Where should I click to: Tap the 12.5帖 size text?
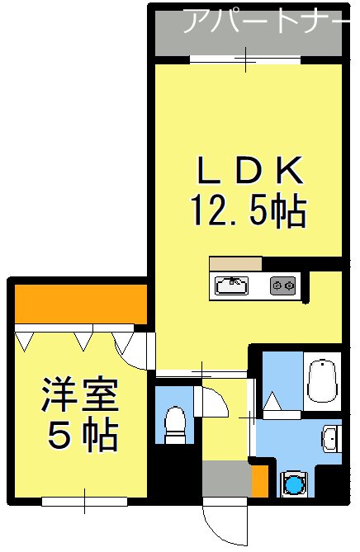point(249,212)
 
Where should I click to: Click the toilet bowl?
point(174,422)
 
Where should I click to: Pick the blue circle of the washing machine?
point(294,484)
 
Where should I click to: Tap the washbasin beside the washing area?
point(329,439)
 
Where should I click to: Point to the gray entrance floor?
point(225,480)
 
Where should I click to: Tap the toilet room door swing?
point(212,402)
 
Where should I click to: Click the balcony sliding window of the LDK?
point(245,58)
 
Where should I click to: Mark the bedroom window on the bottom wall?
point(84,501)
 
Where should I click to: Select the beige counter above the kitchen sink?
point(235,264)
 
